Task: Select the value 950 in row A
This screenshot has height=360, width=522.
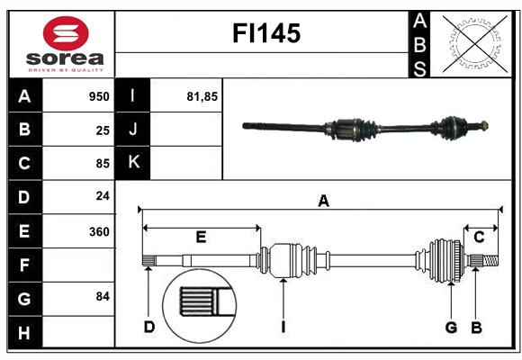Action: [x=99, y=96]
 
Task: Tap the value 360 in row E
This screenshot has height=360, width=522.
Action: [x=99, y=231]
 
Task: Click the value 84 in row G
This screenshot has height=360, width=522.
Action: [x=103, y=296]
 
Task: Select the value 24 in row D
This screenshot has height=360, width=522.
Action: [x=103, y=195]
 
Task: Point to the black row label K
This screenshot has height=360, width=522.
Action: [x=133, y=162]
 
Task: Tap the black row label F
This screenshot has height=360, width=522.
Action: [x=24, y=265]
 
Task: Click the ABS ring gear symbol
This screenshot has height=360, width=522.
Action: [x=473, y=43]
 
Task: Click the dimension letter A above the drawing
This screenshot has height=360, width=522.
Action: [x=323, y=201]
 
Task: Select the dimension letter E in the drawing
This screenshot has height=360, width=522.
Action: [x=201, y=238]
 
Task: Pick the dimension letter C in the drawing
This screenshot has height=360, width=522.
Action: [x=479, y=237]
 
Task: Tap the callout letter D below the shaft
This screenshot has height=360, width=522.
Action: [x=148, y=327]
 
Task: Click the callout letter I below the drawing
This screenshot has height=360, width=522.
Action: [x=283, y=327]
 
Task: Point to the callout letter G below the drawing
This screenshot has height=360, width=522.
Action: [x=452, y=327]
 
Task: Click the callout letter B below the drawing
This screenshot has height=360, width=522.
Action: [x=476, y=327]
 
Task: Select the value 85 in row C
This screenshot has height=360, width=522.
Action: [x=103, y=163]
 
